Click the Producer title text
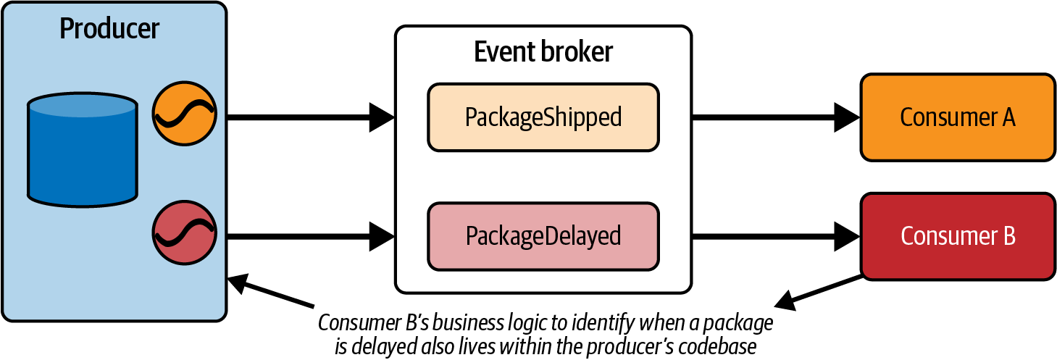tap(109, 29)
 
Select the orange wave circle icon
tap(185, 116)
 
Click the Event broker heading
tap(543, 52)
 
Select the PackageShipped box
tap(543, 117)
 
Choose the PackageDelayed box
tap(543, 235)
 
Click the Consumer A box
tap(957, 117)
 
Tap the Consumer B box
tap(957, 236)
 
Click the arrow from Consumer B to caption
tap(819, 290)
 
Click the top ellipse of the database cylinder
tap(82, 106)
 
